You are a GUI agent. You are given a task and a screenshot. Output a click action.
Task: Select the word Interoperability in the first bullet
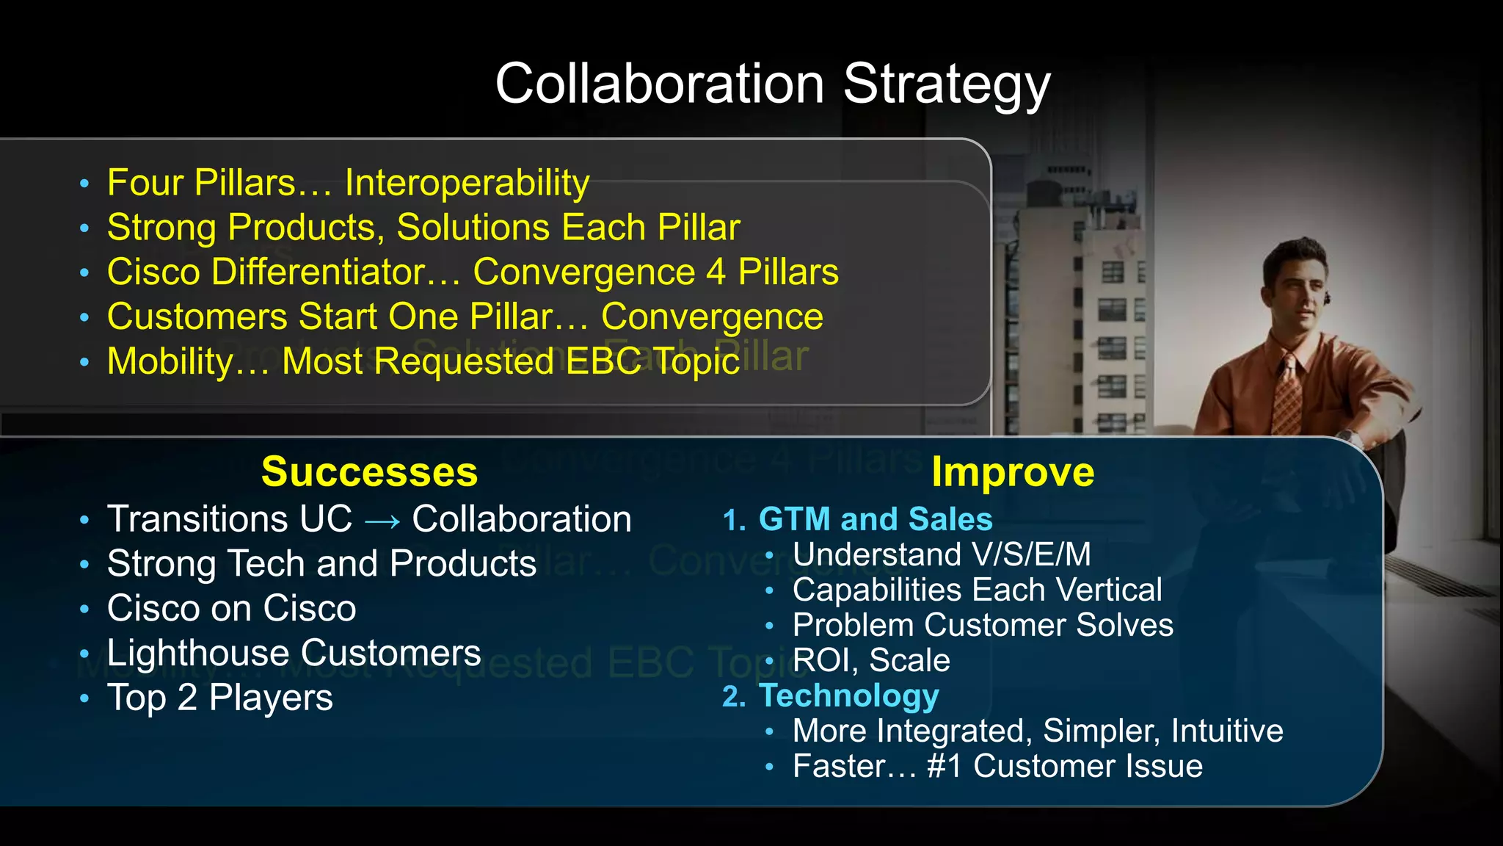click(467, 183)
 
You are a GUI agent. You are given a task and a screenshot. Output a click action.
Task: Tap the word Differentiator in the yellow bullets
click(319, 272)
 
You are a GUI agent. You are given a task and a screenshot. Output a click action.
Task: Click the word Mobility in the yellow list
click(170, 361)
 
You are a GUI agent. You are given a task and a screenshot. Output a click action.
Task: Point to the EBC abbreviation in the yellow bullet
click(603, 361)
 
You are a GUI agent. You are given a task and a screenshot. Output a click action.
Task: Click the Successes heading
click(369, 471)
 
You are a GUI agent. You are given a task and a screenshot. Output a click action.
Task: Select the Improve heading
click(1013, 471)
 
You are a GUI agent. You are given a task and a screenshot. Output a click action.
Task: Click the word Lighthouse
click(198, 653)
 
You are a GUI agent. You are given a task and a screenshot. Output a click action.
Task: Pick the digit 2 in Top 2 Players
click(187, 698)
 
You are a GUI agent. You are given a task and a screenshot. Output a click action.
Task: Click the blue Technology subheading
click(848, 695)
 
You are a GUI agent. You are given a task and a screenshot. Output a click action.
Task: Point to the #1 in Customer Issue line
click(944, 766)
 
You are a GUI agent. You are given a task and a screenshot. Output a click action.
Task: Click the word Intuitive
click(1227, 731)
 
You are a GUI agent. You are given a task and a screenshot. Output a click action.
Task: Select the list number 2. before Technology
click(734, 697)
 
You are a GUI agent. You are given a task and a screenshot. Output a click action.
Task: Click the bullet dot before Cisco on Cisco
click(84, 610)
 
